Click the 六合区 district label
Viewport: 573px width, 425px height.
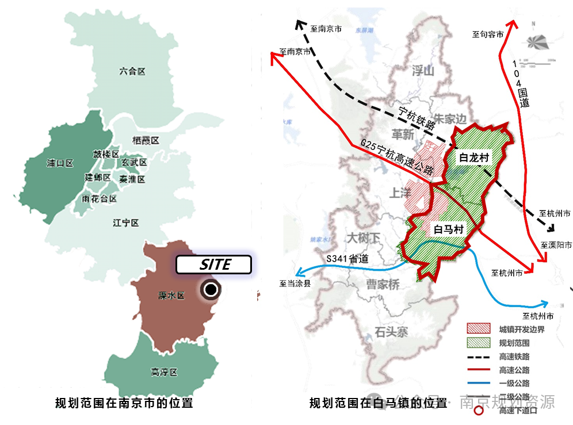[132, 72]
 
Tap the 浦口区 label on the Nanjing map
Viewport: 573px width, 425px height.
[60, 163]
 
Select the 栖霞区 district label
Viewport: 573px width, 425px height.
[145, 141]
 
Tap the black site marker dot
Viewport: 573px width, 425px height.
[211, 290]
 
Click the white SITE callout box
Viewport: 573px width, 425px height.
[213, 265]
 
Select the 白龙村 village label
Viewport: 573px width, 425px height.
[473, 156]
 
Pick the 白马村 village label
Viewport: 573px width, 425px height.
[448, 229]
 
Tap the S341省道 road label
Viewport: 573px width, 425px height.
[347, 258]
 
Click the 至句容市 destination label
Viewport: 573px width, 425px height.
[488, 35]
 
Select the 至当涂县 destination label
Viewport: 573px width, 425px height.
[295, 283]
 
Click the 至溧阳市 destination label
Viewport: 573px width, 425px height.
[556, 245]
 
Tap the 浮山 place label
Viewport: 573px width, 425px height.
[422, 71]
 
